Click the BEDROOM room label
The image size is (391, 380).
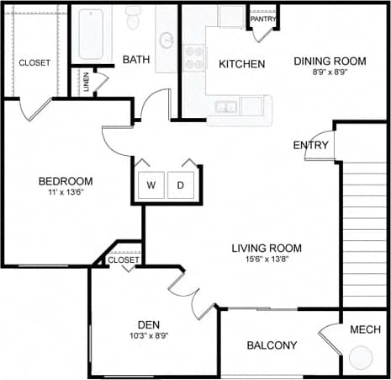[65, 181]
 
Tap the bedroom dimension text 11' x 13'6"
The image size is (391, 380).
[65, 193]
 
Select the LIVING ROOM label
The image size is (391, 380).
[267, 248]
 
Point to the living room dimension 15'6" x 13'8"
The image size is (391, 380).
[267, 260]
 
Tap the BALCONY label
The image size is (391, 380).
[272, 345]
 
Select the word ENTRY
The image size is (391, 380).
[309, 146]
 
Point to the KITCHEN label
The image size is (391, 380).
[242, 64]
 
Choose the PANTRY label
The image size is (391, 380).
[263, 19]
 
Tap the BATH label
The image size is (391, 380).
[136, 60]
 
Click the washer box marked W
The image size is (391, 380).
[151, 185]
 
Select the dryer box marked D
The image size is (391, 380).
[181, 185]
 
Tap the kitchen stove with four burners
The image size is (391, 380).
[195, 58]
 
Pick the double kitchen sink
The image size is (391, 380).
[225, 107]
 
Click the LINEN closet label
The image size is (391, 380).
[86, 82]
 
